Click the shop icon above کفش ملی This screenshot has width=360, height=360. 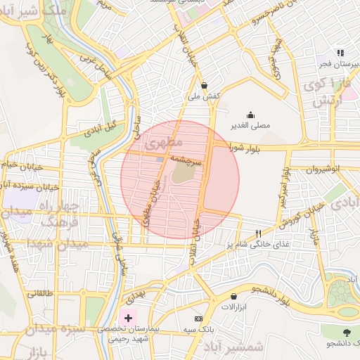204,84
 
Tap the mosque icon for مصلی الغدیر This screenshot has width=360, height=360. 250,115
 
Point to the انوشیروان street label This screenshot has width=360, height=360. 325,169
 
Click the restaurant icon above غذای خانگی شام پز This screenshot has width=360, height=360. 259,233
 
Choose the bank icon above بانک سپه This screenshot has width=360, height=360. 206,319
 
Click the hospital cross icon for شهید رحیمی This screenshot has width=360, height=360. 127,319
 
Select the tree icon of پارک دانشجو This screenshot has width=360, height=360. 346,332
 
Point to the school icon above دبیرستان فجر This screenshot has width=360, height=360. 340,53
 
